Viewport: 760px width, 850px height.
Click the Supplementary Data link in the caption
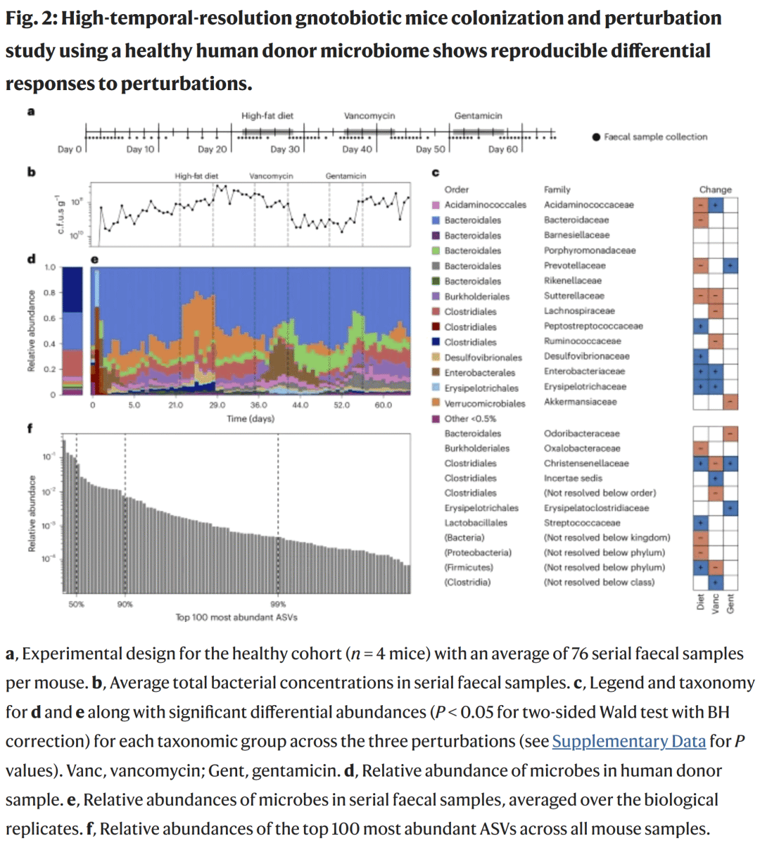[x=628, y=741]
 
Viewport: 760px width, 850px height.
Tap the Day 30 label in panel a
[x=285, y=149]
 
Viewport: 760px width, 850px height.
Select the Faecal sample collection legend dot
[x=596, y=137]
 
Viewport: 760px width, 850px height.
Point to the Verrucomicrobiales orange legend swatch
[x=436, y=403]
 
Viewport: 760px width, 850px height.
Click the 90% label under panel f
[x=125, y=604]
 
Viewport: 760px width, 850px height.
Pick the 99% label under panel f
[x=278, y=604]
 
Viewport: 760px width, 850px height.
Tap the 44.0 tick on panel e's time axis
[x=300, y=405]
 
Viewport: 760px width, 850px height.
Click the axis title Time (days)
[x=251, y=419]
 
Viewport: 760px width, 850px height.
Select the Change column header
[x=715, y=189]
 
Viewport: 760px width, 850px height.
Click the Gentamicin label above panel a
[x=478, y=115]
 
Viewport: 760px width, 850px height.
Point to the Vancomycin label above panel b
[x=271, y=176]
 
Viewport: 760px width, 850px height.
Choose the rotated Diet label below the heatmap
[x=701, y=602]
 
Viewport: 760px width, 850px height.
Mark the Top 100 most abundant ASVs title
[x=236, y=617]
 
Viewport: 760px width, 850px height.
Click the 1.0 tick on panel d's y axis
[x=50, y=267]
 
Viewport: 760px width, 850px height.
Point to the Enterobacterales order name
[x=479, y=373]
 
